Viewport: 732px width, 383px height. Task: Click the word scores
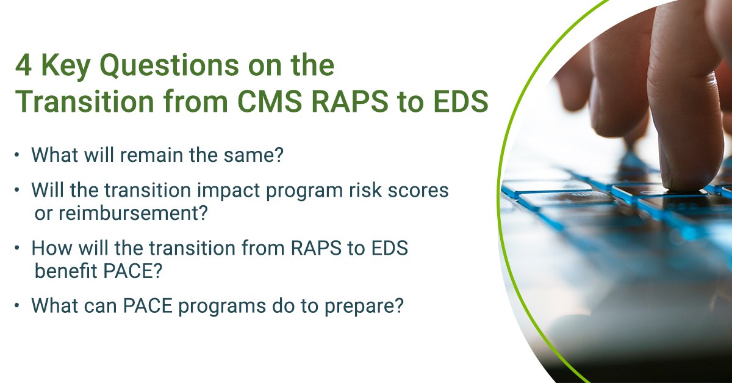pyautogui.click(x=415, y=190)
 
